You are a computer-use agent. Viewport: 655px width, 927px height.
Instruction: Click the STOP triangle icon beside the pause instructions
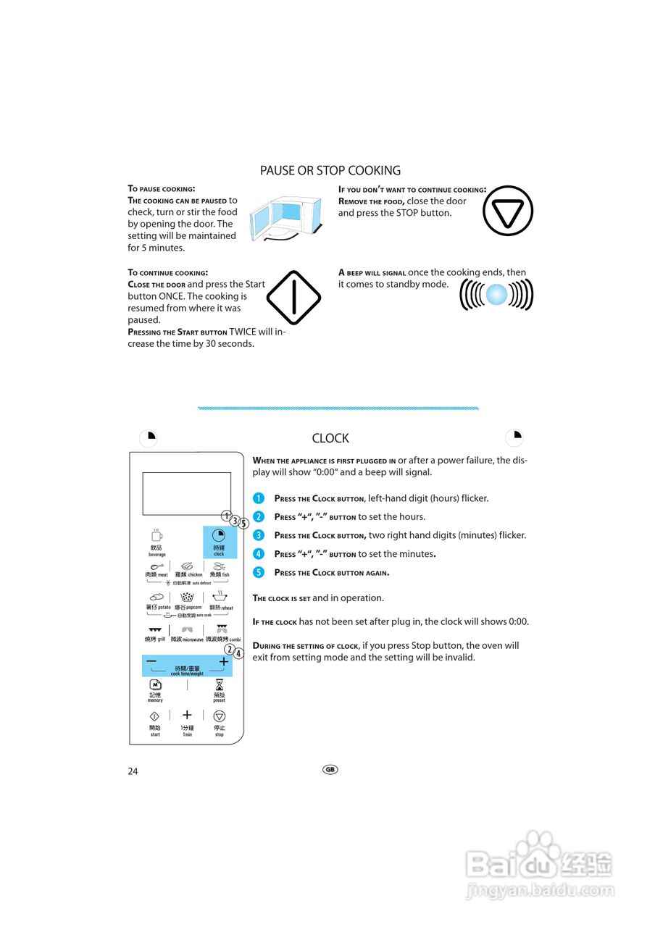pos(507,211)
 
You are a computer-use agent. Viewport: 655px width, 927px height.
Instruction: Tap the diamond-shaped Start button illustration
pos(293,298)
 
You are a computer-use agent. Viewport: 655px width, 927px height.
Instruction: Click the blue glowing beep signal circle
pos(496,295)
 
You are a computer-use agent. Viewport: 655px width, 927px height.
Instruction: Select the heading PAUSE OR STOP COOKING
pos(330,171)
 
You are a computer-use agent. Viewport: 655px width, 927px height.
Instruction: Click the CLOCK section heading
pos(330,438)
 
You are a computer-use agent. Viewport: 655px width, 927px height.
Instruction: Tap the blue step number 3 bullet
pos(259,535)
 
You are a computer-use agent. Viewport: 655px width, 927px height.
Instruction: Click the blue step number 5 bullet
pos(259,572)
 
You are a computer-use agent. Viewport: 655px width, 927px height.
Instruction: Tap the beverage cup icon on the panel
pos(157,536)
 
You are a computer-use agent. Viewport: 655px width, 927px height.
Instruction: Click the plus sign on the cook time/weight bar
pos(223,661)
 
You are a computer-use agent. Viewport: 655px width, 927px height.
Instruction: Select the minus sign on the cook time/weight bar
pos(151,661)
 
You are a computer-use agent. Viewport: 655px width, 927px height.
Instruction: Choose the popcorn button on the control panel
pos(188,598)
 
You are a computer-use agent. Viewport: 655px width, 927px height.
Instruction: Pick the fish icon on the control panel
pos(219,566)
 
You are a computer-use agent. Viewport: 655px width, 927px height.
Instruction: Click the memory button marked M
pos(155,684)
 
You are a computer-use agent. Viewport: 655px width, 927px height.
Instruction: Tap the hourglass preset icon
pos(219,684)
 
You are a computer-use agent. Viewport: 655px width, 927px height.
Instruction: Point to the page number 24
pos(133,771)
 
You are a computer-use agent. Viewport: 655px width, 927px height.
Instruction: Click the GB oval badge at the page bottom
pos(330,769)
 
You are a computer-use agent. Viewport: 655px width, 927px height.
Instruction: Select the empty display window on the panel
pos(186,493)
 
